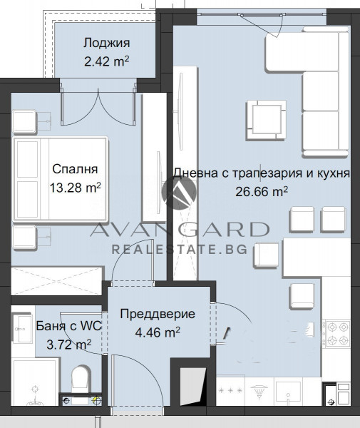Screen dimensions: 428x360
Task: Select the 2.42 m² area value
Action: pos(106,61)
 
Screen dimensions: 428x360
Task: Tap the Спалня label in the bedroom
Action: pos(74,169)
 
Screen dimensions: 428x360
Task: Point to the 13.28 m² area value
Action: pos(73,188)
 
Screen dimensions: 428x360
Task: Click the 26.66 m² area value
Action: pos(262,191)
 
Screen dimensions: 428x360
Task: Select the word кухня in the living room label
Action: pos(331,173)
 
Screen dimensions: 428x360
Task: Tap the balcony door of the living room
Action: pos(274,21)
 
